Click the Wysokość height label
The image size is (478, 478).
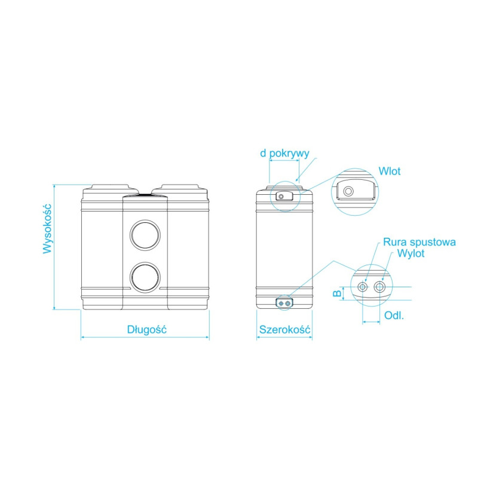coord(47,229)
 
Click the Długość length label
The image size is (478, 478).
coord(146,330)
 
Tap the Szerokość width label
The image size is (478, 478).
coord(285,330)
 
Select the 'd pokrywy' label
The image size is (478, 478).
coord(284,154)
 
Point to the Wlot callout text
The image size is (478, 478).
coord(390,171)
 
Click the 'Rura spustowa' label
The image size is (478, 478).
coord(419,242)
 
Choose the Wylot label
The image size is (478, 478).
coord(410,253)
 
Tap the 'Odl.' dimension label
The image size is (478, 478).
coord(394,315)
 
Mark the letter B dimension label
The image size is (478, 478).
coord(337,293)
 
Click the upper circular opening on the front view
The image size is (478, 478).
coord(145,235)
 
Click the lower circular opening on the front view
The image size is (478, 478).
coord(145,277)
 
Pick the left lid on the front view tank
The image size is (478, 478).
coord(111,187)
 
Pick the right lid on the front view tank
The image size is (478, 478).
coord(180,187)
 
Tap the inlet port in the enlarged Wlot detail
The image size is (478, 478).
coord(348,191)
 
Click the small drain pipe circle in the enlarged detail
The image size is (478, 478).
coord(363,287)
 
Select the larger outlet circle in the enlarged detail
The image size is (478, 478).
coord(379,287)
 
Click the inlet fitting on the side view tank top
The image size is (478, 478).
coord(284,196)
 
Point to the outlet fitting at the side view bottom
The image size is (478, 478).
coord(284,304)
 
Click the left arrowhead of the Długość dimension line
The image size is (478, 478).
coord(82,337)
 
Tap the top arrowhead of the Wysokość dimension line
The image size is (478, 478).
coord(54,186)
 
